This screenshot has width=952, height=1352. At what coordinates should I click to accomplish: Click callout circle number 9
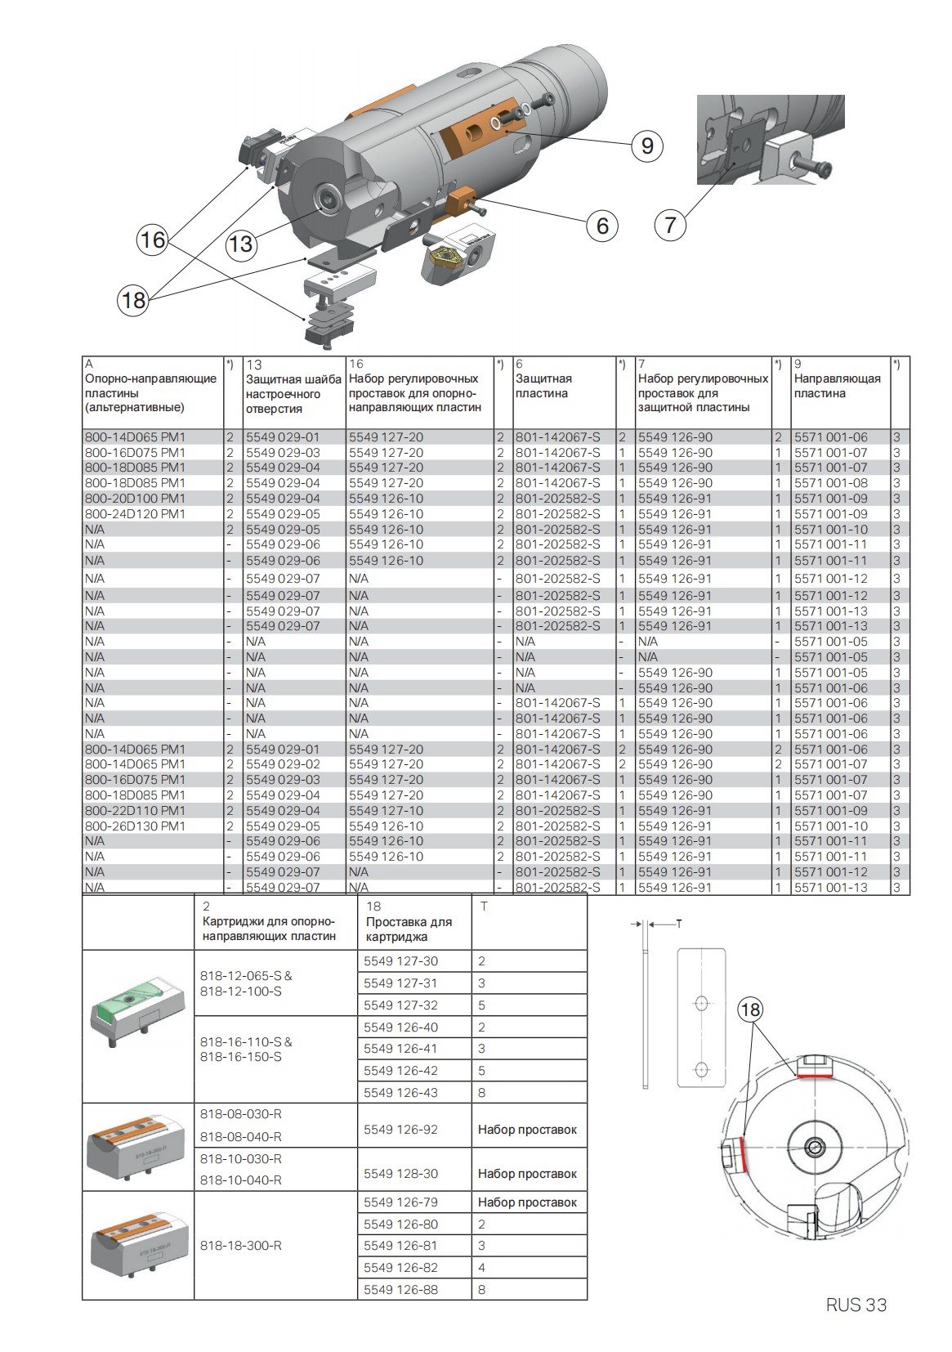click(x=646, y=146)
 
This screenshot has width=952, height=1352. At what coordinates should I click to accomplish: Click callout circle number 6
click(x=602, y=225)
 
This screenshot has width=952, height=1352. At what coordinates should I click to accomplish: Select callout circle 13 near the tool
click(x=240, y=244)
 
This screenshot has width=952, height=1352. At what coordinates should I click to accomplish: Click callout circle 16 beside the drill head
click(x=152, y=240)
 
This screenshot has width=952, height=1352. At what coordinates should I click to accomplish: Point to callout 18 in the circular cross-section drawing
click(x=749, y=1010)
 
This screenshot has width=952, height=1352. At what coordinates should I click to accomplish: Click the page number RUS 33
click(x=856, y=1305)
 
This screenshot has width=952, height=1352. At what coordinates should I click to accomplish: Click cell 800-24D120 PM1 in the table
click(x=136, y=514)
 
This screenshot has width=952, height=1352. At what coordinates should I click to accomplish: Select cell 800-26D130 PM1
click(x=136, y=826)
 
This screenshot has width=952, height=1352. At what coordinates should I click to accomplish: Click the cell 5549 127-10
click(x=386, y=811)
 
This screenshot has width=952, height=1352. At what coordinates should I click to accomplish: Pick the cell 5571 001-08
click(x=830, y=483)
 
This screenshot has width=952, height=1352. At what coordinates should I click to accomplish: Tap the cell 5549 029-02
click(x=283, y=764)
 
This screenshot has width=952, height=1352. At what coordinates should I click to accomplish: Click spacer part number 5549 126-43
click(x=400, y=1093)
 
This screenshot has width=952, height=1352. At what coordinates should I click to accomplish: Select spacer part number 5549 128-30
click(x=400, y=1174)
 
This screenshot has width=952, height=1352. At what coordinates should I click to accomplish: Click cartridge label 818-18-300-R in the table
click(x=241, y=1246)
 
